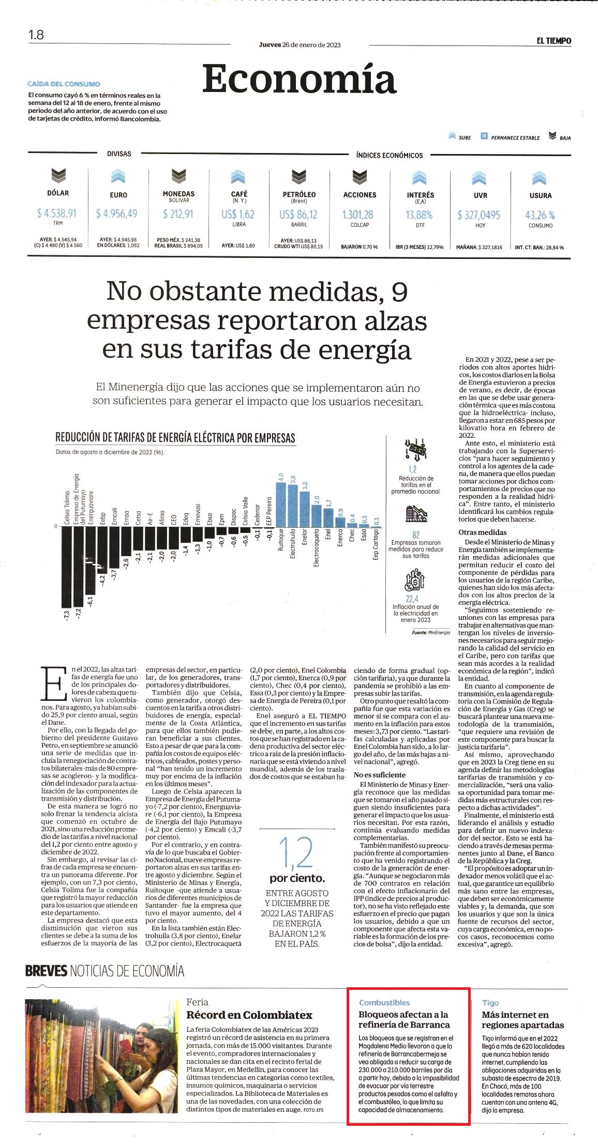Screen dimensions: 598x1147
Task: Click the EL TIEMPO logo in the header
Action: tap(554, 41)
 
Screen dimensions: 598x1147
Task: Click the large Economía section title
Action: tap(299, 79)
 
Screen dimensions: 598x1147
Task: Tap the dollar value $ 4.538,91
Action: tap(57, 213)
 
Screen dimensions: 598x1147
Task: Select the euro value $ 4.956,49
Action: tap(117, 213)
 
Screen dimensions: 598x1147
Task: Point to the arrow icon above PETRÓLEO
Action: tap(299, 177)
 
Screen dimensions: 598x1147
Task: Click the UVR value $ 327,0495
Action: tap(479, 215)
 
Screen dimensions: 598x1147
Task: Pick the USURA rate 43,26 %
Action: tap(540, 215)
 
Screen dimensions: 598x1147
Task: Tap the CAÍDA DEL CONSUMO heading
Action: tap(64, 84)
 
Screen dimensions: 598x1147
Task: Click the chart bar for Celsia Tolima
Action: tap(66, 568)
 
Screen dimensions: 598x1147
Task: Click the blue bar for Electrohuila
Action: tap(293, 506)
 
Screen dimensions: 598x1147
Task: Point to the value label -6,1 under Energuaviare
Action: tap(90, 601)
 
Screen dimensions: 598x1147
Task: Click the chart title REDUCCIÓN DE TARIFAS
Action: tap(175, 438)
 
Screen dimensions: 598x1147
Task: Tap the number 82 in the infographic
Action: tap(416, 535)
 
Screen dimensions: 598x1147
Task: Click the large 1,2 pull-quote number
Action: tap(297, 853)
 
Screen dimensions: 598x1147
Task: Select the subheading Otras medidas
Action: tap(483, 532)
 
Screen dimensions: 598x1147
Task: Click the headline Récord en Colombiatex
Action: tap(249, 1015)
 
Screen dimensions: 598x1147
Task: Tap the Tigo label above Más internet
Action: tap(490, 1002)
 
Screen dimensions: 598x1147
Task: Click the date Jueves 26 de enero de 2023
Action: tap(300, 45)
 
